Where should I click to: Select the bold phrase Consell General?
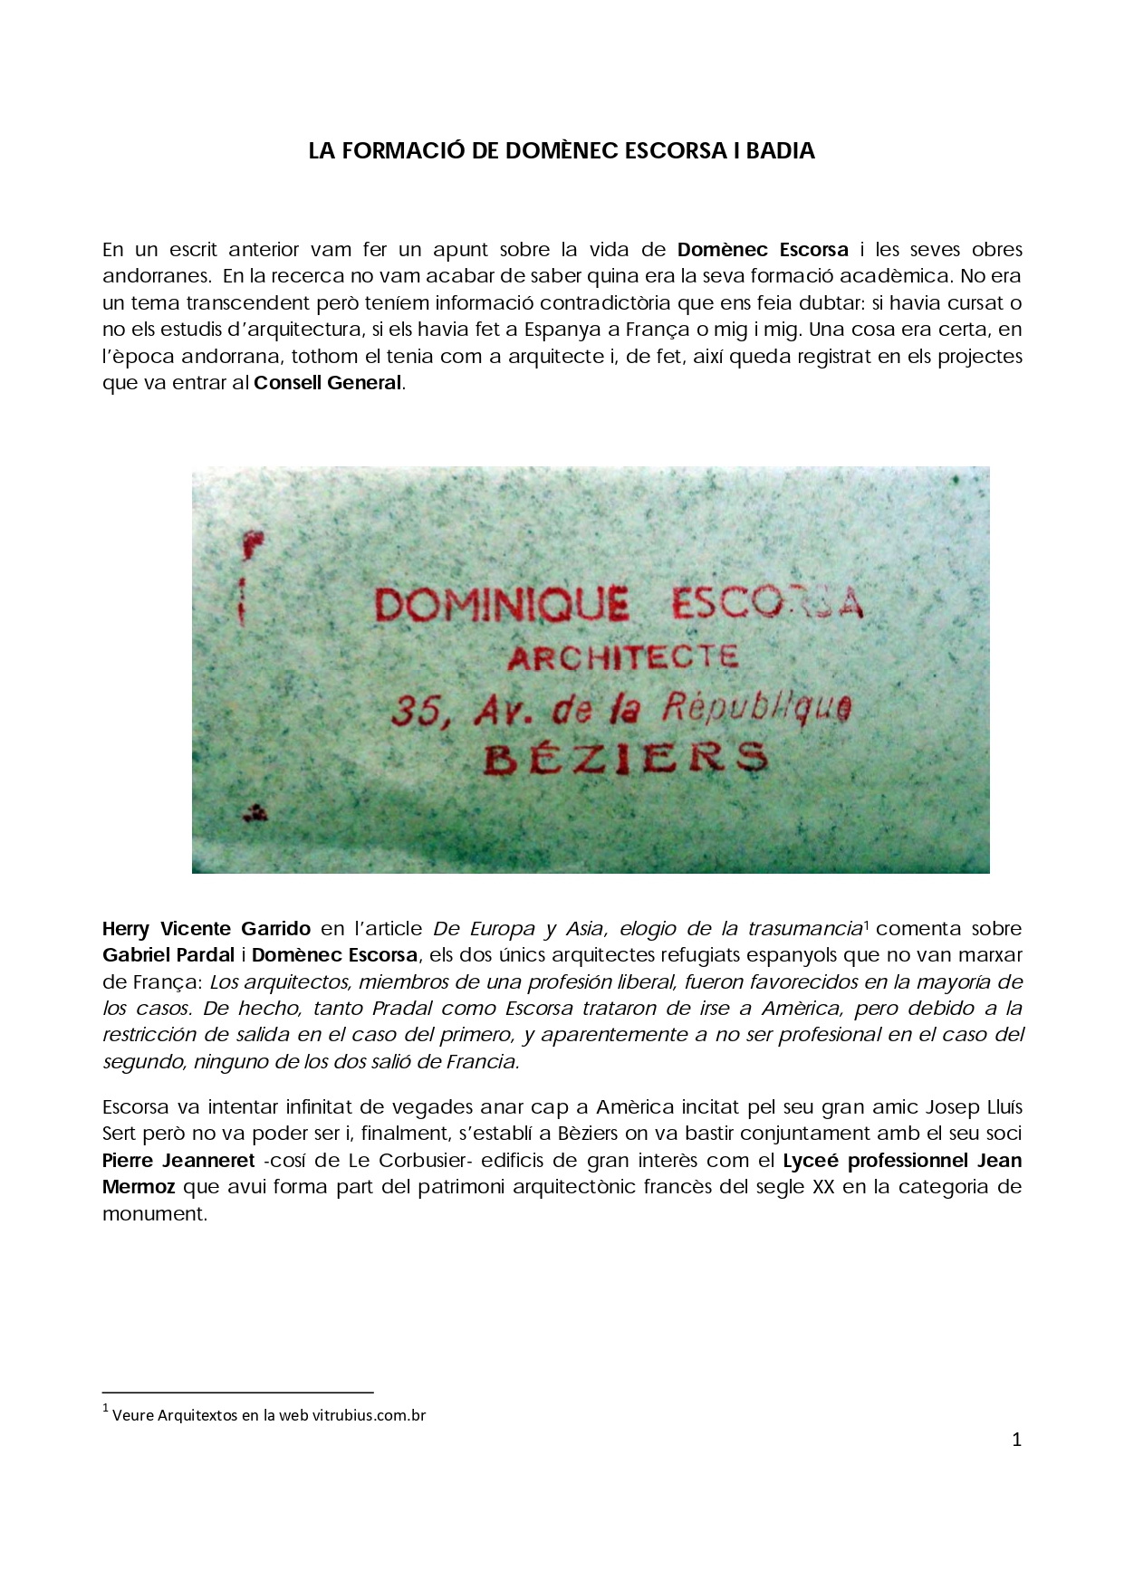click(328, 383)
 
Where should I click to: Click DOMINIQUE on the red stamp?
click(502, 605)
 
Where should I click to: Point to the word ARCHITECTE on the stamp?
click(623, 657)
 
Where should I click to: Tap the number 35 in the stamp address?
click(418, 713)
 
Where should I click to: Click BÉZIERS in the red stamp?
click(625, 759)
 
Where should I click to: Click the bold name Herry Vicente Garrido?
click(206, 929)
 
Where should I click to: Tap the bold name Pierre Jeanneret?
click(178, 1161)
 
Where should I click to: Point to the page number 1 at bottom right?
click(1016, 1440)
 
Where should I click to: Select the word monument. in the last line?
click(155, 1214)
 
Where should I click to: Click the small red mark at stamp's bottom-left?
click(255, 812)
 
